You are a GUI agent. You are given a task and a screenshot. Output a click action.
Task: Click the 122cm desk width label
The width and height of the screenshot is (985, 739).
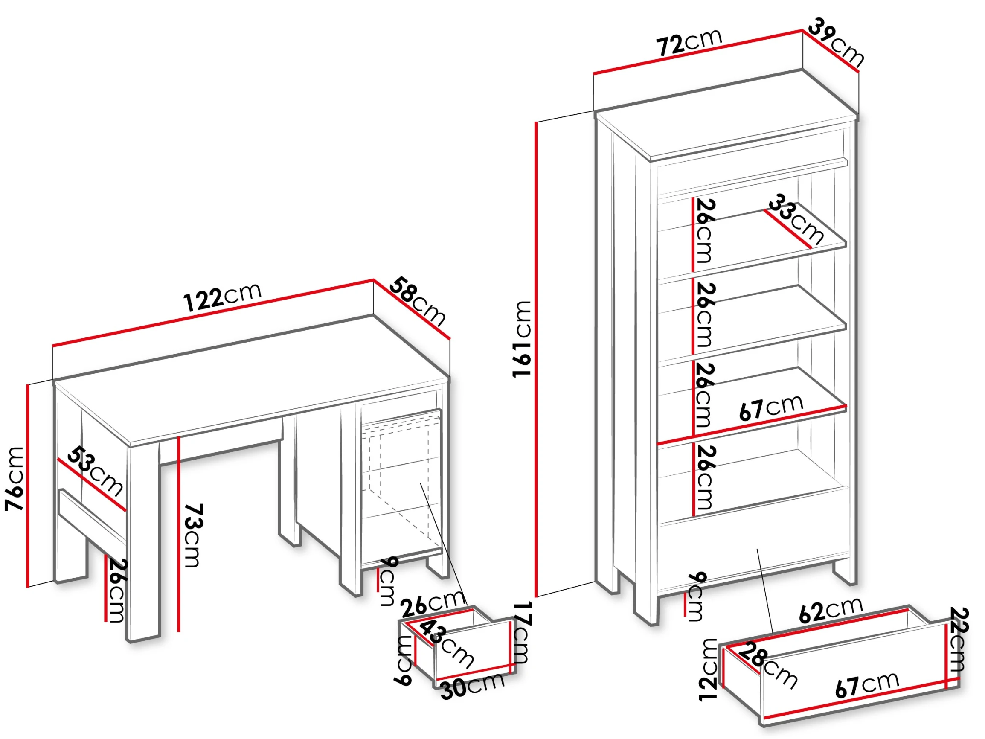click(x=222, y=296)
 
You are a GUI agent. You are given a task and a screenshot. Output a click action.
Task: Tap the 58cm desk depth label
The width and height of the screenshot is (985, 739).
click(x=418, y=302)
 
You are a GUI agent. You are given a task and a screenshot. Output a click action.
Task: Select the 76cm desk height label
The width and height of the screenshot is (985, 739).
click(x=14, y=478)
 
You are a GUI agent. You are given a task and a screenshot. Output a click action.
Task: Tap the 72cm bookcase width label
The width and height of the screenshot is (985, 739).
click(x=689, y=42)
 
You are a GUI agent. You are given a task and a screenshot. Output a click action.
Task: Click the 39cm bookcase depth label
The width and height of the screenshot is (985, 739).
click(x=836, y=42)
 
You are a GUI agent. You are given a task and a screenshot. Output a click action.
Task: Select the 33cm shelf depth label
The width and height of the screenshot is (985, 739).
click(x=796, y=219)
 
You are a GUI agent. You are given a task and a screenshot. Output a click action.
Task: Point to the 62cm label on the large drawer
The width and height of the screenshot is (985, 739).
click(x=831, y=610)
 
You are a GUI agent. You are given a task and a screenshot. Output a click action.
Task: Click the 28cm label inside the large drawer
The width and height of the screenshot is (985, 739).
click(x=768, y=665)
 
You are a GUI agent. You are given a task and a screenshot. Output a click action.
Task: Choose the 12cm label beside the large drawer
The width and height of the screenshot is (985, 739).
click(x=709, y=670)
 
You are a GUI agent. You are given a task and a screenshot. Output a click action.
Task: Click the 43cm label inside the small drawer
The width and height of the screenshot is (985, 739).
click(x=446, y=644)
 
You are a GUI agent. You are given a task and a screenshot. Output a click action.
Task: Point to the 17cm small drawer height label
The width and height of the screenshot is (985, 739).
click(x=522, y=632)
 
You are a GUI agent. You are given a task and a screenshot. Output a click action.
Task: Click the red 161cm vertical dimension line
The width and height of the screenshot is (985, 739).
click(x=537, y=359)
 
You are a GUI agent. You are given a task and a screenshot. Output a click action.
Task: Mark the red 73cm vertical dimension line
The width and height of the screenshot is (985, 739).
click(x=179, y=534)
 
